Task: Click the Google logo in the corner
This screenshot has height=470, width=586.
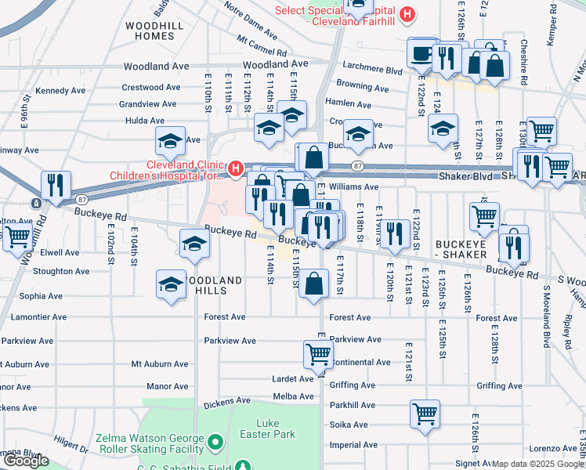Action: click(x=26, y=461)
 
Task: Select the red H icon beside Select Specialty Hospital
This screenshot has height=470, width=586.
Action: click(x=407, y=13)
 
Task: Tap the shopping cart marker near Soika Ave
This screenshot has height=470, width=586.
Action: click(x=425, y=413)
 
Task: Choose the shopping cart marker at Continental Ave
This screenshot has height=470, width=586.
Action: click(x=318, y=354)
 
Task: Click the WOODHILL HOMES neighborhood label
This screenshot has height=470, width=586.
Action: click(x=149, y=31)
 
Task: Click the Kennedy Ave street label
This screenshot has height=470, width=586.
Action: click(x=60, y=91)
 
